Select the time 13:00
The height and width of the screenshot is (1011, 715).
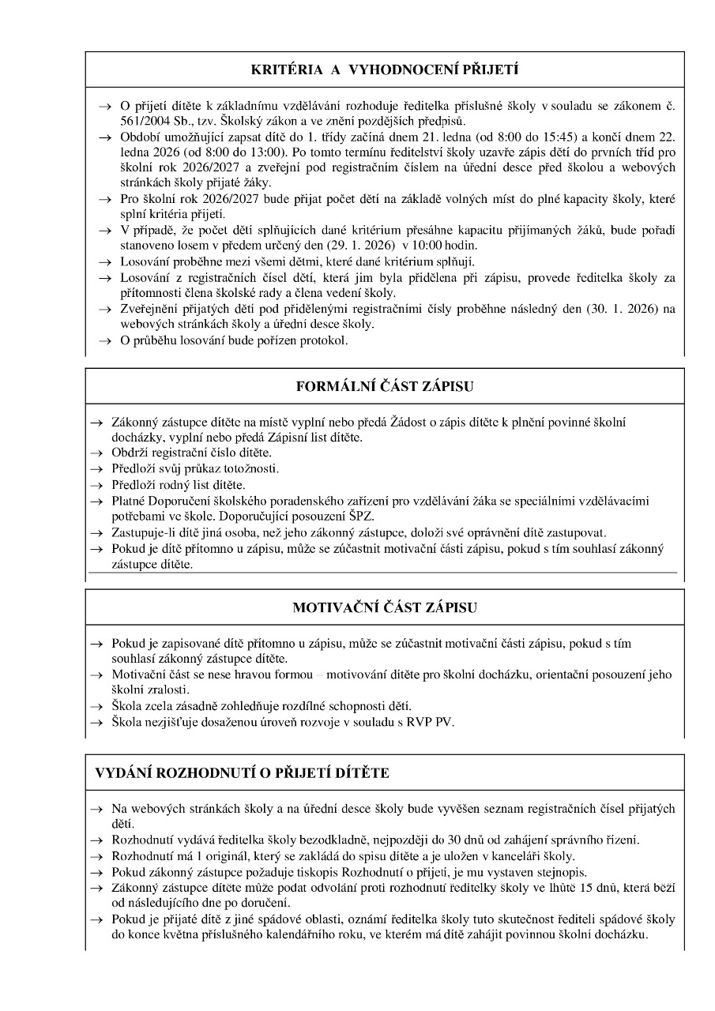tap(258, 152)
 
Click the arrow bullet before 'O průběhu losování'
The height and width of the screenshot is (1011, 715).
tap(104, 341)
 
